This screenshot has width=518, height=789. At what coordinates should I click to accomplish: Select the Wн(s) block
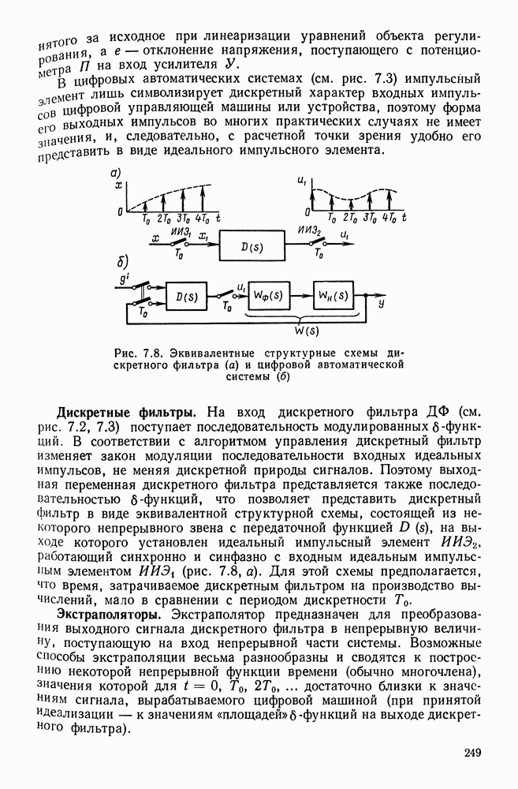click(333, 296)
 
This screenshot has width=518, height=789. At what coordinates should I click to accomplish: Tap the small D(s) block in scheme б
click(188, 297)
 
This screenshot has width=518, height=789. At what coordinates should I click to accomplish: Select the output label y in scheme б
click(382, 302)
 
